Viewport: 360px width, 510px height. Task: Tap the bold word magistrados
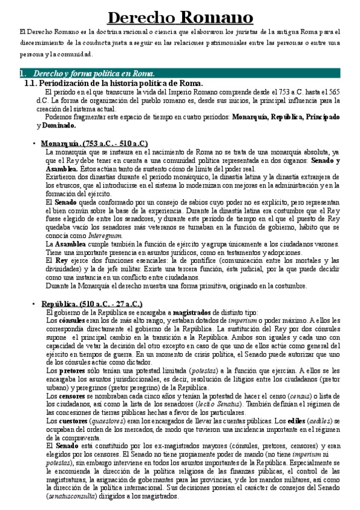192,313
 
